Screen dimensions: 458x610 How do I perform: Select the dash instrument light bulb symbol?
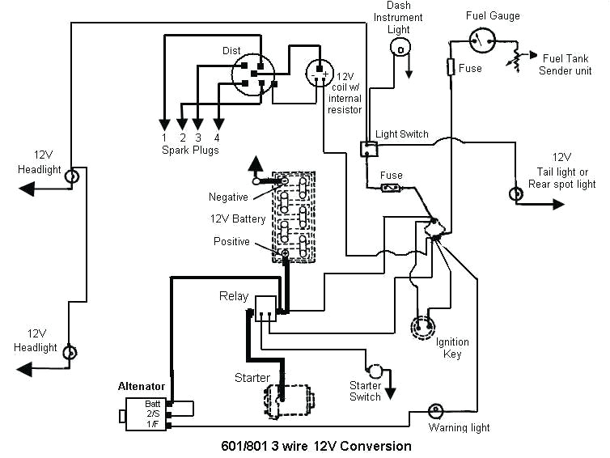pyautogui.click(x=398, y=49)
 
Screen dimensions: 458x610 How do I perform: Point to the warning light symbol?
pyautogui.click(x=435, y=411)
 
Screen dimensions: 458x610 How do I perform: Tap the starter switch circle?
pyautogui.click(x=375, y=371)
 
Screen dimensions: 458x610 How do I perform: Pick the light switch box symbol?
pyautogui.click(x=368, y=148)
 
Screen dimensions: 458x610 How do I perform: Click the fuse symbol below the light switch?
pyautogui.click(x=392, y=189)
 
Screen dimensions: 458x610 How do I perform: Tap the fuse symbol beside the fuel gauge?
pyautogui.click(x=451, y=67)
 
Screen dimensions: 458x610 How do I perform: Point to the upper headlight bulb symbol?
pyautogui.click(x=72, y=176)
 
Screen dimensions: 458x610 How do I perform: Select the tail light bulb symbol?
pyautogui.click(x=515, y=195)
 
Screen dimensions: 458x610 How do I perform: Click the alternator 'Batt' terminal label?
pyautogui.click(x=153, y=404)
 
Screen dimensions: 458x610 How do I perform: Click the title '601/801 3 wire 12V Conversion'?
pyautogui.click(x=316, y=446)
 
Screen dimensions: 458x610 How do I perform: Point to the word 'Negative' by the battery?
pyautogui.click(x=228, y=197)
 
